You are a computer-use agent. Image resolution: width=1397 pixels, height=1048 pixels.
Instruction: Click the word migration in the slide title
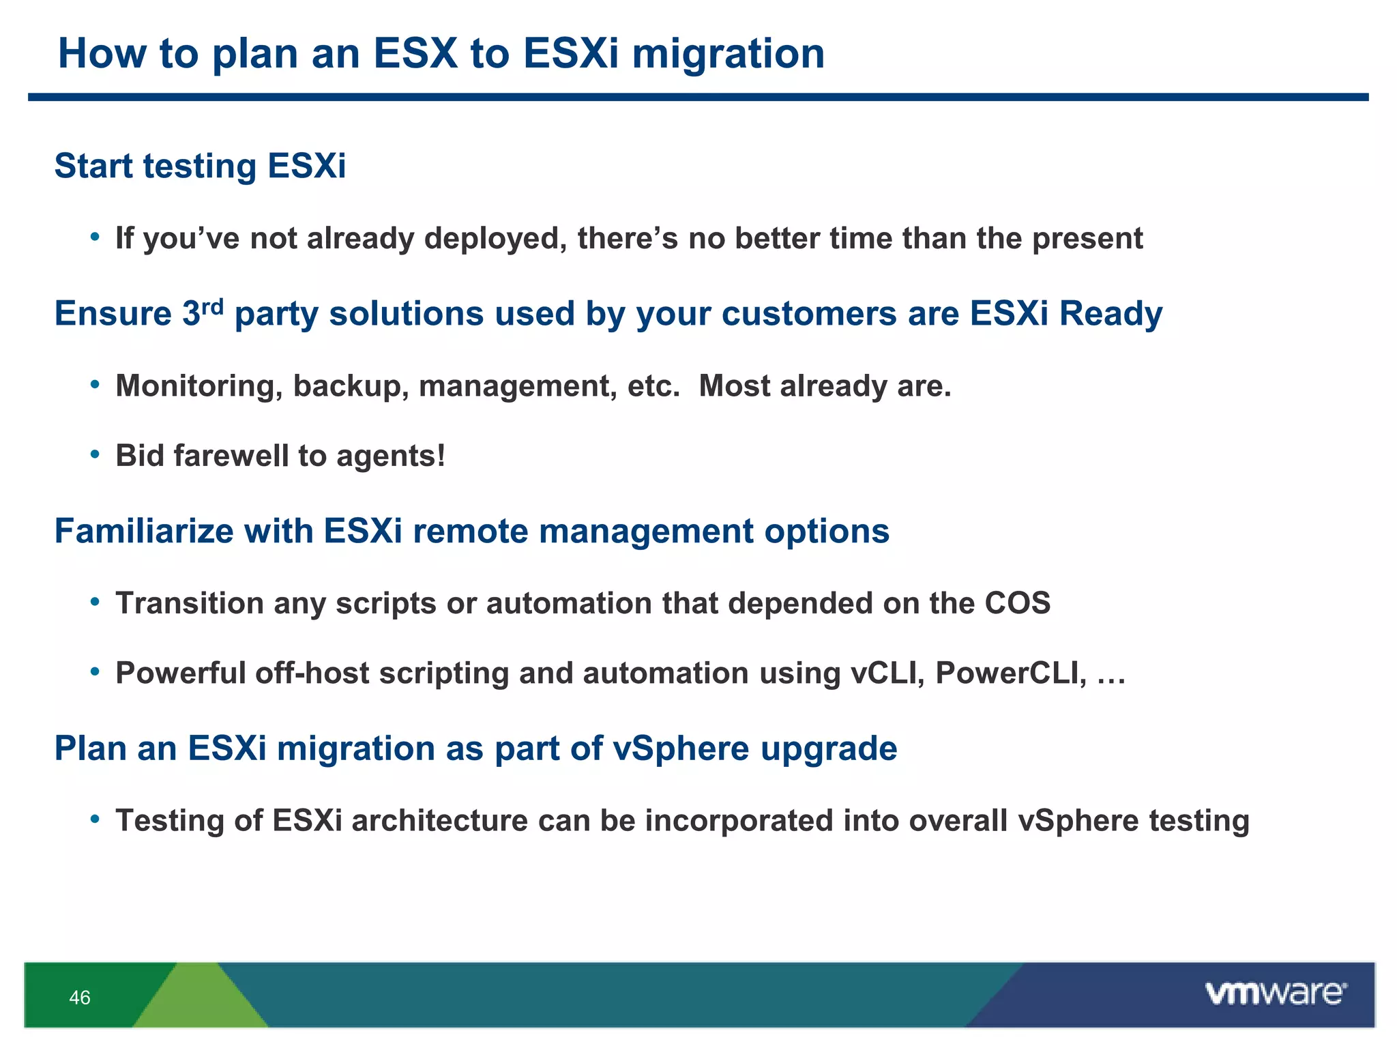[x=728, y=55]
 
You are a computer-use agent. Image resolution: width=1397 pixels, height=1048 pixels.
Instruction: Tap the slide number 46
[x=80, y=998]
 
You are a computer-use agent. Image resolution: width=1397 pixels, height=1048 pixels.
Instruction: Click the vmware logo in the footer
[x=1276, y=993]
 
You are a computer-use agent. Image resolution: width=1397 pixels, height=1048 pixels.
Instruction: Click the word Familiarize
[x=143, y=532]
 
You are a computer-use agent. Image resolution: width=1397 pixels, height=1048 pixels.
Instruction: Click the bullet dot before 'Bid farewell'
[x=95, y=454]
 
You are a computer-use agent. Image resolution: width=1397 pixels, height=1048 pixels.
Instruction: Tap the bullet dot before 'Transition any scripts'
[x=95, y=602]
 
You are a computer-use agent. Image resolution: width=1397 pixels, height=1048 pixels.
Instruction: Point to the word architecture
[x=439, y=821]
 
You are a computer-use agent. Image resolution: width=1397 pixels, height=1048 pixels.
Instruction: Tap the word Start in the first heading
[x=93, y=166]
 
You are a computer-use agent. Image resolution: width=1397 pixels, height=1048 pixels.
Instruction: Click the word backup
[x=351, y=387]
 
